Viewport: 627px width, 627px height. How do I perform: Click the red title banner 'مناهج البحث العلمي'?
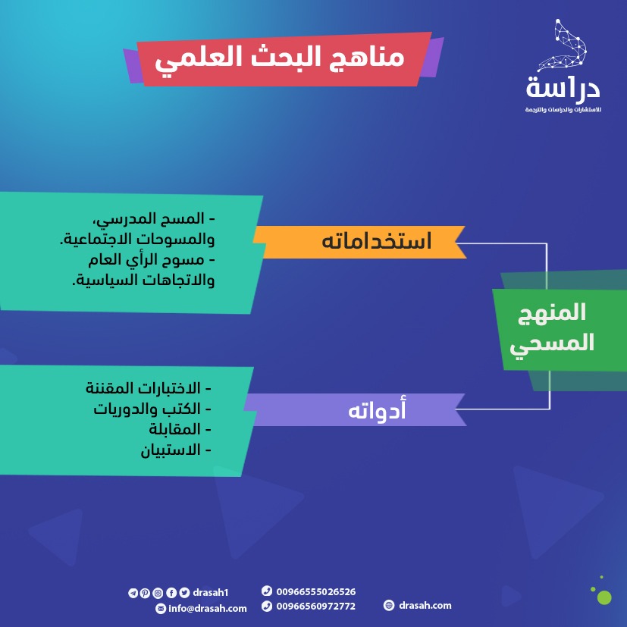(x=284, y=59)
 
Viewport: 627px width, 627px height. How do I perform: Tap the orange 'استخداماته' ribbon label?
(x=360, y=242)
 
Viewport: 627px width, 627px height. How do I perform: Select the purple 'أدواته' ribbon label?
(x=355, y=409)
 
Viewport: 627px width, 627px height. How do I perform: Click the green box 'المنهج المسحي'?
(x=560, y=330)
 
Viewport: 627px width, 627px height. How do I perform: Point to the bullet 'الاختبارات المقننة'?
(x=149, y=388)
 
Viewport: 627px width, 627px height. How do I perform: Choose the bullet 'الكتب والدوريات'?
(x=152, y=409)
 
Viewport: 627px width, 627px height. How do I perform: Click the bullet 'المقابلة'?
(x=180, y=429)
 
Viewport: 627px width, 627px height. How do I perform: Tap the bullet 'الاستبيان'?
(x=176, y=450)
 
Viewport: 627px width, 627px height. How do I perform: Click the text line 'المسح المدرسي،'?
(x=154, y=219)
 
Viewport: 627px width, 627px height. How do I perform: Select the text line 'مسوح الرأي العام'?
(x=152, y=260)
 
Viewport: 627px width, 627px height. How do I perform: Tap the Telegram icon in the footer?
(x=133, y=593)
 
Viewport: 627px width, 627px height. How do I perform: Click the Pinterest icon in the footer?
(x=145, y=593)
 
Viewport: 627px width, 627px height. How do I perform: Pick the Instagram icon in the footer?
(x=158, y=593)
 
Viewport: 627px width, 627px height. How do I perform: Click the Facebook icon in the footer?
(x=171, y=593)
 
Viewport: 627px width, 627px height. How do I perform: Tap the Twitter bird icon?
(x=184, y=593)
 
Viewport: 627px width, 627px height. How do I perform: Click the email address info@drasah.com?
(x=208, y=609)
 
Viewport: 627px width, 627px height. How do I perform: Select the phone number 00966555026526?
(x=316, y=591)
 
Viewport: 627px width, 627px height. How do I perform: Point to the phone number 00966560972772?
(x=316, y=607)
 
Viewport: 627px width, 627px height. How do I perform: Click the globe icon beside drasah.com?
(x=389, y=605)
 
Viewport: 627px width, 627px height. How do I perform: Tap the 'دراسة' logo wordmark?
(x=563, y=88)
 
